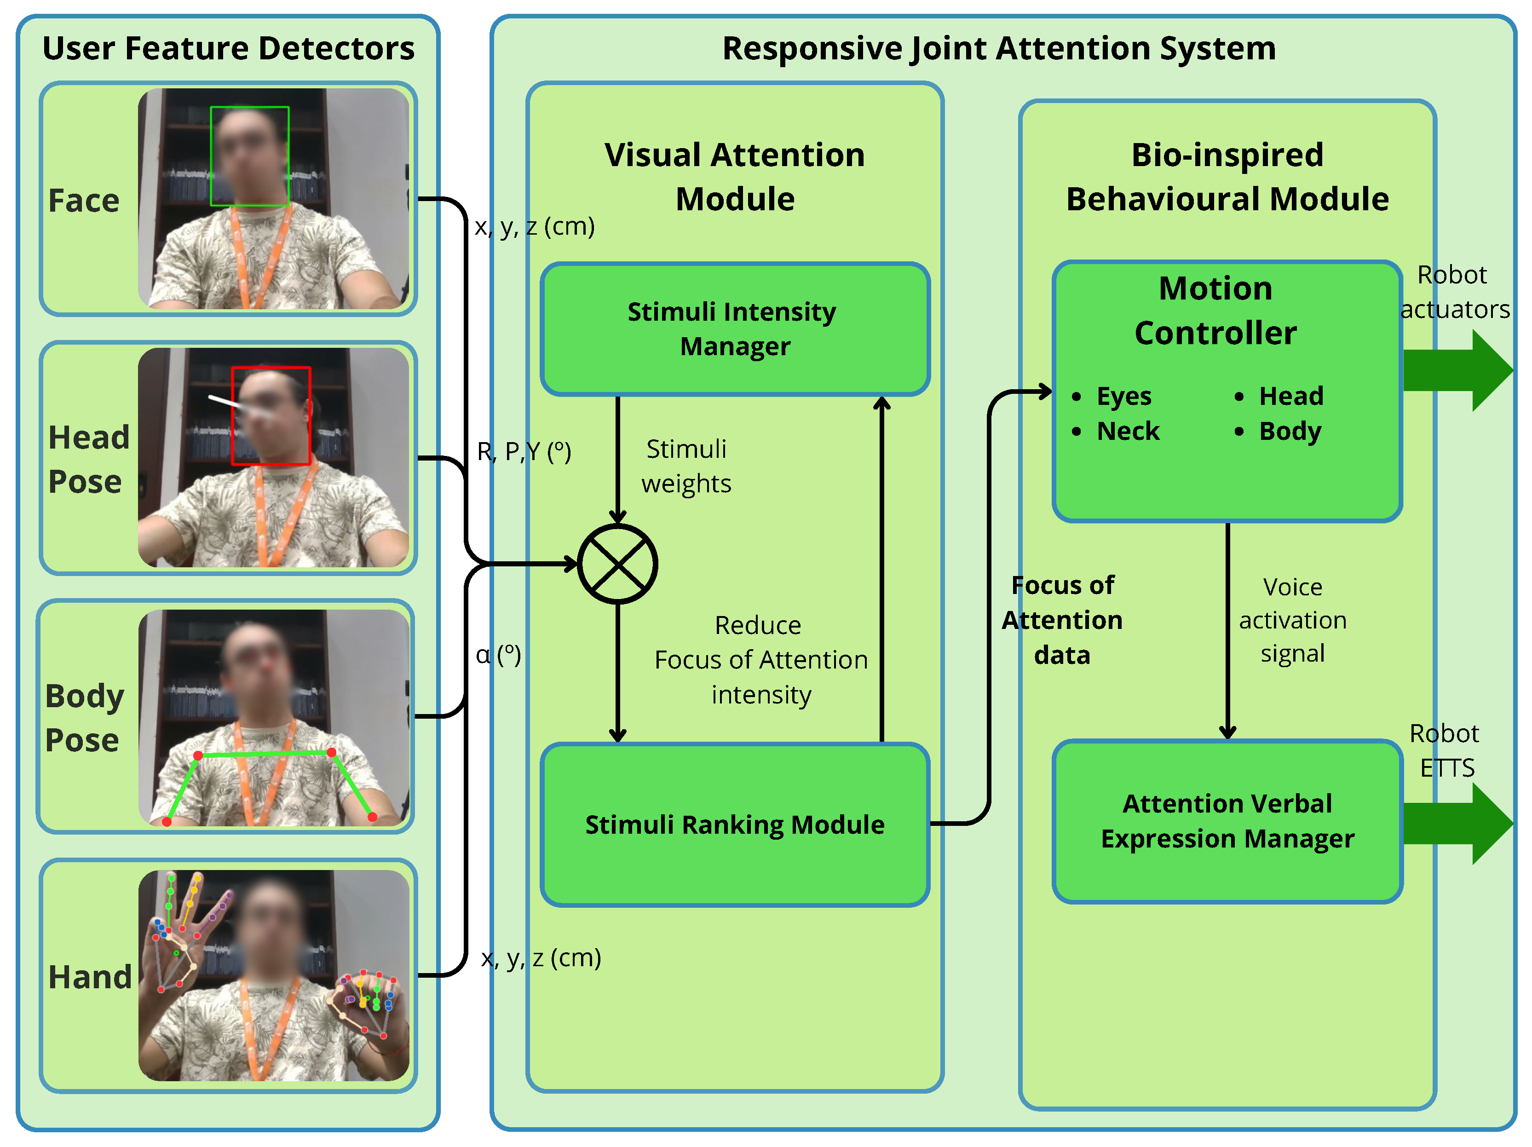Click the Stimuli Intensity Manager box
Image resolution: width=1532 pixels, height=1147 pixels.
[x=735, y=329]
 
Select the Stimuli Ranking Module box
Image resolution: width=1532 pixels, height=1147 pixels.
[x=735, y=824]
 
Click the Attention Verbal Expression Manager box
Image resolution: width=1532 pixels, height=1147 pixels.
[x=1227, y=821]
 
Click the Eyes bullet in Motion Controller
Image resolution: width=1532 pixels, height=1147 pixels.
[x=1123, y=396]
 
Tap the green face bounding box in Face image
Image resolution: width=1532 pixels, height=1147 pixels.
[x=250, y=156]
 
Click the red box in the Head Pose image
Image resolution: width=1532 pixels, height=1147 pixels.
[x=271, y=415]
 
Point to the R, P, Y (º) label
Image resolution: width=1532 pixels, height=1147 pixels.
[x=524, y=452]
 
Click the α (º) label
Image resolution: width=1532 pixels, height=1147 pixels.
[x=498, y=655]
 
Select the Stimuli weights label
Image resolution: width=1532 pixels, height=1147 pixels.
[x=685, y=466]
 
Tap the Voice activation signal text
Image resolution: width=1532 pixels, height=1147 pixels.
[x=1292, y=620]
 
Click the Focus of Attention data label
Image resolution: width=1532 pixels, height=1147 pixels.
[x=1062, y=620]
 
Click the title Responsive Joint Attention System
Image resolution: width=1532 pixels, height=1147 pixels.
[x=999, y=48]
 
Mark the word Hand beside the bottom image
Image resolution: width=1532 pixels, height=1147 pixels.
[x=90, y=977]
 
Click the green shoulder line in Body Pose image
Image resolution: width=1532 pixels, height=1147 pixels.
[x=265, y=753]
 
